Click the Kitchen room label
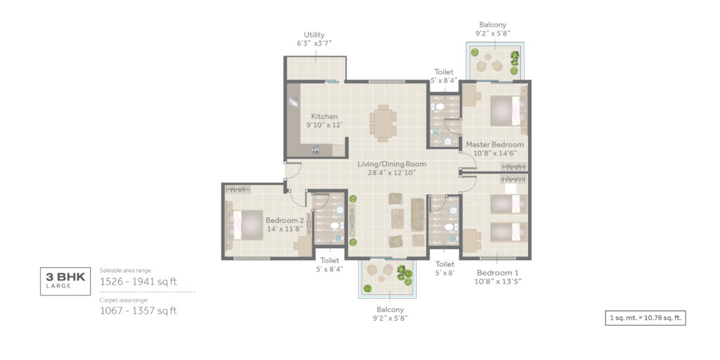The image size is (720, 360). (x=325, y=116)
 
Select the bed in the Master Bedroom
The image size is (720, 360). (x=508, y=110)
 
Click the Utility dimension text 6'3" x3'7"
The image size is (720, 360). (x=314, y=43)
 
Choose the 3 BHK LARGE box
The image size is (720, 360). (x=65, y=281)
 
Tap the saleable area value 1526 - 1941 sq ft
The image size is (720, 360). (x=139, y=281)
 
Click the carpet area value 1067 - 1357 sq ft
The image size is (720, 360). (x=139, y=311)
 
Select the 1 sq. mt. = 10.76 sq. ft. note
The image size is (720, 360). (x=645, y=318)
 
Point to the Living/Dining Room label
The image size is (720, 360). (x=392, y=164)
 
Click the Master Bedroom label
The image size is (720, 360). (x=495, y=145)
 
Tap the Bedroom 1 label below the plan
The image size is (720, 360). (x=498, y=272)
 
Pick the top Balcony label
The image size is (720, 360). (x=493, y=25)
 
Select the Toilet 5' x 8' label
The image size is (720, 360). (x=444, y=269)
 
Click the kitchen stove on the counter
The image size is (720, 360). (x=316, y=150)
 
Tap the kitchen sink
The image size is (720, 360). (x=293, y=102)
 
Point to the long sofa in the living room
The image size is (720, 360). (x=418, y=214)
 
